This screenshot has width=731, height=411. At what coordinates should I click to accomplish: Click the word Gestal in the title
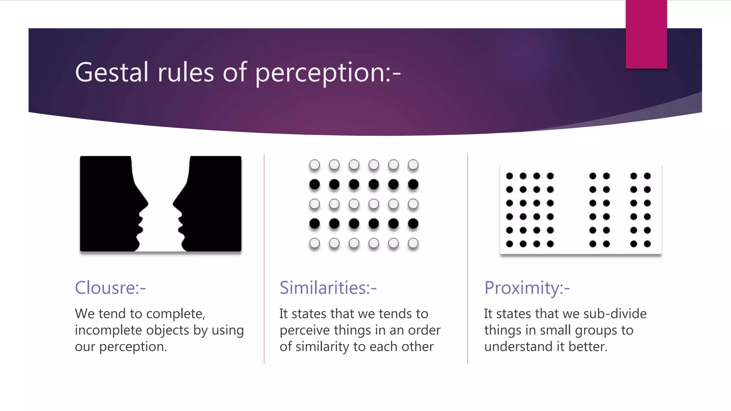click(111, 72)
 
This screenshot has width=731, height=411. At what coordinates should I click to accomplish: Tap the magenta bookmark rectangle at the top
click(646, 34)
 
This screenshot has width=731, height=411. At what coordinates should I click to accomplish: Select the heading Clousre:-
click(110, 288)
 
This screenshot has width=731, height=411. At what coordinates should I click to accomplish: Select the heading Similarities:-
click(328, 288)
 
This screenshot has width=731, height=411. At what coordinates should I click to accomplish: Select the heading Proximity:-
click(527, 288)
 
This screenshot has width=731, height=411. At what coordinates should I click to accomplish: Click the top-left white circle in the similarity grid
click(314, 165)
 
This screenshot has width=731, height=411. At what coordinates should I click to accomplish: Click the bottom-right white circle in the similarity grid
click(413, 243)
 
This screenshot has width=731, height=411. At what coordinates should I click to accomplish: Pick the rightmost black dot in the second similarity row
click(413, 184)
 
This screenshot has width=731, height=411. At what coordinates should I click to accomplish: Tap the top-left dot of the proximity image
click(509, 176)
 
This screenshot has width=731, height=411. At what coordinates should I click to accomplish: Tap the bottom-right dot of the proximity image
click(647, 244)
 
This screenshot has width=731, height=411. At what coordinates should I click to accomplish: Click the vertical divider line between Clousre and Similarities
click(264, 259)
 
